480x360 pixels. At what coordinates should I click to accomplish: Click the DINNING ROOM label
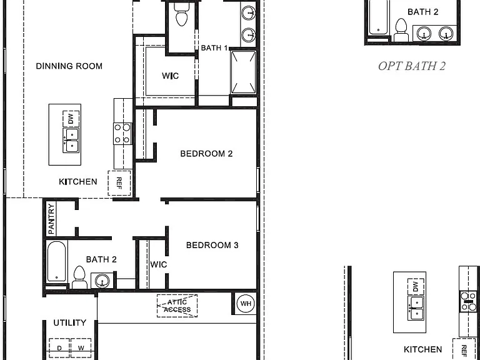(69, 66)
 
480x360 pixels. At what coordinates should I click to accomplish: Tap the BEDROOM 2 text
(206, 154)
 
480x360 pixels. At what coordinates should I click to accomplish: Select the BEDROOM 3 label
(212, 245)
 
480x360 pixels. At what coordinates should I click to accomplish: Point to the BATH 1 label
(214, 48)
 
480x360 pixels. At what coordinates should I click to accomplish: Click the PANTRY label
(51, 219)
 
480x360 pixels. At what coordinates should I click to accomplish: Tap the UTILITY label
(70, 322)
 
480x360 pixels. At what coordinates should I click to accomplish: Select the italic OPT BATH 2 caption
(412, 66)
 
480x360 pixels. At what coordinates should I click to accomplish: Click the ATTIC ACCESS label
(177, 306)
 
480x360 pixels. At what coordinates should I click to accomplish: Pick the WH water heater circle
(246, 304)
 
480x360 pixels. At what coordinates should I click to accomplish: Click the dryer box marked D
(59, 348)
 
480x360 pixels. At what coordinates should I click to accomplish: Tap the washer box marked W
(81, 348)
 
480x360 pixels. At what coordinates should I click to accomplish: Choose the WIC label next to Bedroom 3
(159, 264)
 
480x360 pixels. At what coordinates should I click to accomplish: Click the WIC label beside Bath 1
(170, 76)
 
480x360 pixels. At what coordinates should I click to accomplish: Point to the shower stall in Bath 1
(243, 72)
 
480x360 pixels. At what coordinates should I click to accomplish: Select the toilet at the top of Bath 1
(182, 15)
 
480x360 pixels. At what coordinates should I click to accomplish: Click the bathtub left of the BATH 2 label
(57, 261)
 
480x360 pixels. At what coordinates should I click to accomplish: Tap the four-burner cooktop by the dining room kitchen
(122, 134)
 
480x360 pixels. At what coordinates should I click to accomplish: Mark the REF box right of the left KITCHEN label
(119, 183)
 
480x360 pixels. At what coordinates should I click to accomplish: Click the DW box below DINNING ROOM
(71, 119)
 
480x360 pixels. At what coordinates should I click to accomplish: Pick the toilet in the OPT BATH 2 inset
(401, 30)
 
